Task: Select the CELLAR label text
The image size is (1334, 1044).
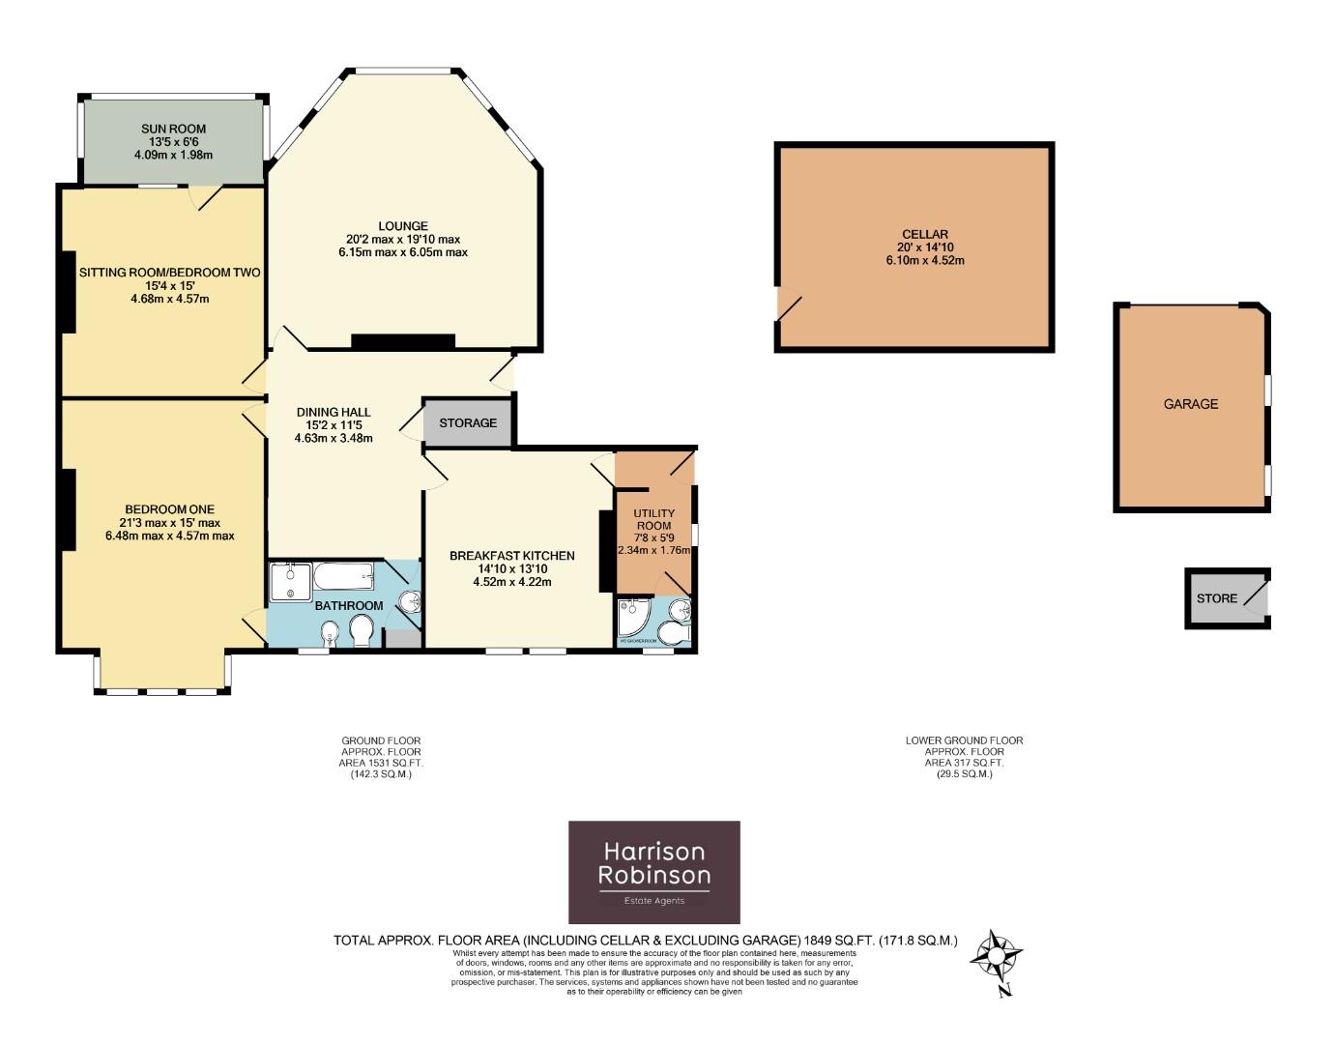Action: [x=924, y=234]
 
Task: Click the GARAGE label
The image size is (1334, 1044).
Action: [x=1190, y=404]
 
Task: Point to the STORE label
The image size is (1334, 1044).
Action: [x=1216, y=598]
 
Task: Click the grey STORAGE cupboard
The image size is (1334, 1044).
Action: [x=468, y=423]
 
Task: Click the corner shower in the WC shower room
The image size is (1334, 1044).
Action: [x=633, y=619]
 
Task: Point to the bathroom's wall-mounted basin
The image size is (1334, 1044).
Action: [x=410, y=602]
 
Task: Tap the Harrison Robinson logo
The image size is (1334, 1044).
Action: [x=653, y=872]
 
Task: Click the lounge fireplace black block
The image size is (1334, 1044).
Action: [x=402, y=341]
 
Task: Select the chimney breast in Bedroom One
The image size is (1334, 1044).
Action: [x=69, y=509]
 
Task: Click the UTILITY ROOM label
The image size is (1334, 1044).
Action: [x=653, y=519]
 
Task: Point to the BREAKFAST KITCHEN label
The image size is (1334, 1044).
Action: [x=511, y=556]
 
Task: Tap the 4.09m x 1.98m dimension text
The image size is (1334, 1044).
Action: [x=173, y=155]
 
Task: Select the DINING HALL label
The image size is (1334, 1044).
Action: [x=333, y=412]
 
